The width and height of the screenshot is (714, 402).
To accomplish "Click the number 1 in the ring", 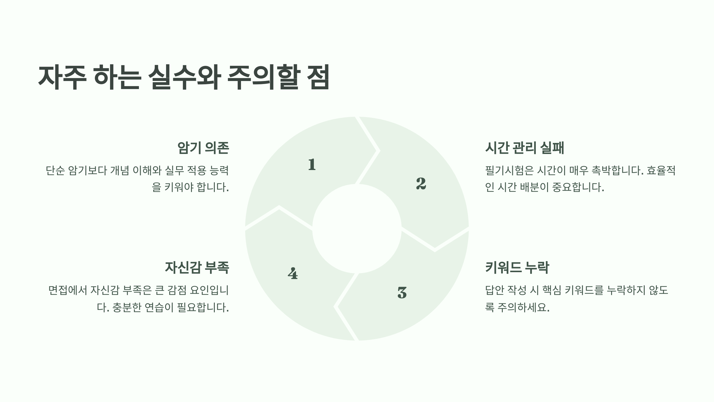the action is point(312,164).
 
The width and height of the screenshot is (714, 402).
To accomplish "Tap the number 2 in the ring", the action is point(421,183).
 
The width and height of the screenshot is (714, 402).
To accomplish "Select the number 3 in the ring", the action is point(402,292).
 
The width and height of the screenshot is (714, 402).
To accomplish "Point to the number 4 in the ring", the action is point(293,273).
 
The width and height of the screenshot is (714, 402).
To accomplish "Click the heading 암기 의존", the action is point(203,148).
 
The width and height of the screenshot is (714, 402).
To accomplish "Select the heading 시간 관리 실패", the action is point(524,148).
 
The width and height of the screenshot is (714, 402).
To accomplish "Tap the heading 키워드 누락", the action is point(517,267).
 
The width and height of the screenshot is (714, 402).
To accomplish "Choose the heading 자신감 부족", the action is point(197,267).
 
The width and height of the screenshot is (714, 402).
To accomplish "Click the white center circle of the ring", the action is point(357,229).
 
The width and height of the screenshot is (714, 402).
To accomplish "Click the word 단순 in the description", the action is point(55,171).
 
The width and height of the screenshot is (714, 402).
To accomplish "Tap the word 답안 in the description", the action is point(494,290).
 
